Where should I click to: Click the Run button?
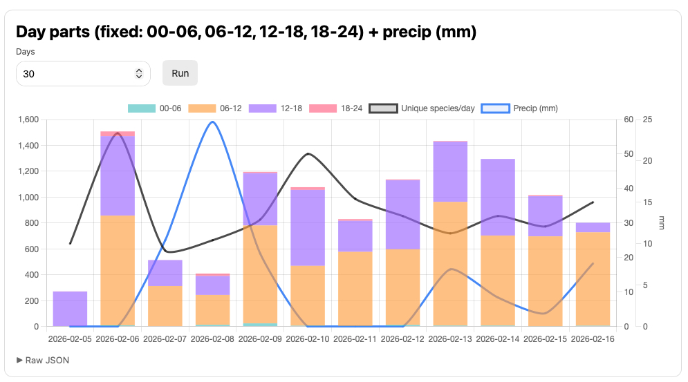(x=180, y=73)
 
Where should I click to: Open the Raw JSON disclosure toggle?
(x=43, y=360)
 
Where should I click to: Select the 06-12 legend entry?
(x=214, y=108)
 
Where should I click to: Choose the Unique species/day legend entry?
(x=422, y=108)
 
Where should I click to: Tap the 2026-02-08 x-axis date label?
(x=212, y=339)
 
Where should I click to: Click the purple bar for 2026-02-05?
(x=70, y=309)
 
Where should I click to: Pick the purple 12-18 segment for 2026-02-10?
(x=308, y=228)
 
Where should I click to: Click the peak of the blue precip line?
(x=212, y=122)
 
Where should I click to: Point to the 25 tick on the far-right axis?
(x=647, y=120)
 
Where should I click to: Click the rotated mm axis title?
(x=662, y=223)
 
